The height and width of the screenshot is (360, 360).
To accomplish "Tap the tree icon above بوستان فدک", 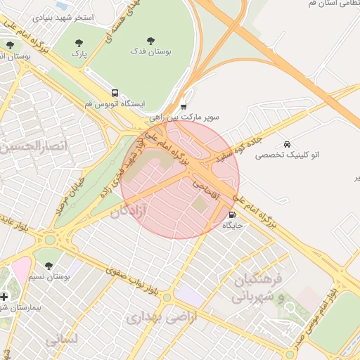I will [150, 40].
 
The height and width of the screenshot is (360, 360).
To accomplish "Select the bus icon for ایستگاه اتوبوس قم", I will [114, 93].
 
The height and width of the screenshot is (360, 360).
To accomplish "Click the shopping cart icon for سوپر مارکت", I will [184, 107].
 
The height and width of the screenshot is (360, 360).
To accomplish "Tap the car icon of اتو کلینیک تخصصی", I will [286, 143].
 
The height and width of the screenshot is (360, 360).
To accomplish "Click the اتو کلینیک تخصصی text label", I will [287, 154].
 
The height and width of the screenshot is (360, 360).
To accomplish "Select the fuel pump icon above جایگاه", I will [233, 215].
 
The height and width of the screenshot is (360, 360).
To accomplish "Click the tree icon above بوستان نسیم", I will [49, 266].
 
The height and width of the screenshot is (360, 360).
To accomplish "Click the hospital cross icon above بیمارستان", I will [4, 297].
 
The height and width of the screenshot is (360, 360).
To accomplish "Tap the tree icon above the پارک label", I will [78, 41].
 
